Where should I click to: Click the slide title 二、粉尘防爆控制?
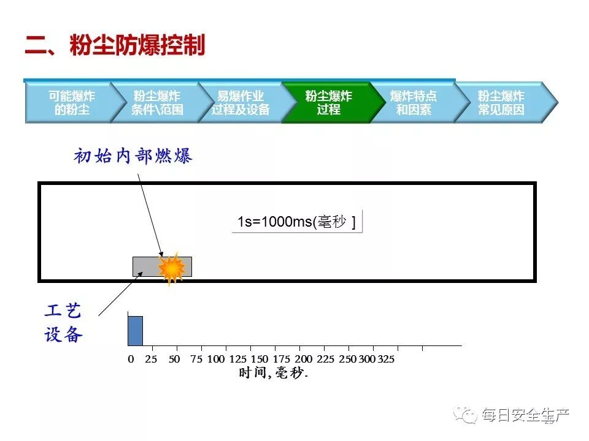click(x=115, y=46)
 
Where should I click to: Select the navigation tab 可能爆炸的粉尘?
click(x=72, y=103)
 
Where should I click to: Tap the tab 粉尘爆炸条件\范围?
click(x=156, y=103)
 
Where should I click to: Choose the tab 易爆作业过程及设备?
click(x=241, y=103)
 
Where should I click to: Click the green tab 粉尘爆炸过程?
click(x=328, y=103)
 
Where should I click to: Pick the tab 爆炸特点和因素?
click(x=413, y=103)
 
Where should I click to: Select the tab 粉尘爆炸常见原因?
click(x=501, y=103)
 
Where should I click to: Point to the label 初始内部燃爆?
click(x=133, y=156)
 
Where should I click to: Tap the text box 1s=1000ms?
click(x=297, y=222)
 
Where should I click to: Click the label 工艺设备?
click(x=63, y=323)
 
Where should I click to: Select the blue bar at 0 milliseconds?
click(x=135, y=331)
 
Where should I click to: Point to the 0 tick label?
click(x=131, y=360)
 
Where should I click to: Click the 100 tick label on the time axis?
click(x=216, y=360)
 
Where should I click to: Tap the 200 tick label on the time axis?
click(x=304, y=360)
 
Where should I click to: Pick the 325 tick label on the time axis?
click(x=385, y=360)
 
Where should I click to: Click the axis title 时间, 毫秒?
click(x=273, y=373)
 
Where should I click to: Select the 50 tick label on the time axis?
click(x=174, y=360)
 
